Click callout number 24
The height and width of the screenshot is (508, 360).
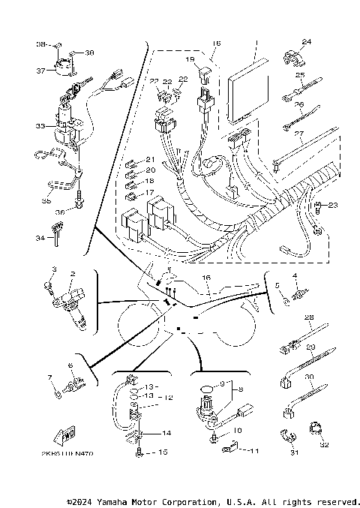pos(306,41)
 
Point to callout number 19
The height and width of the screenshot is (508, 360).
pos(190,59)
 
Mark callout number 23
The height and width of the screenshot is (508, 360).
pos(333,205)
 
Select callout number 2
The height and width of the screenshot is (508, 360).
pos(73,275)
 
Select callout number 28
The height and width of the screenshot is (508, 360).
pos(307,318)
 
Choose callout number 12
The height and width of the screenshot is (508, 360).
pos(169,398)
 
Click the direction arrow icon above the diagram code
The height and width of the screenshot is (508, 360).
pos(64,435)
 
